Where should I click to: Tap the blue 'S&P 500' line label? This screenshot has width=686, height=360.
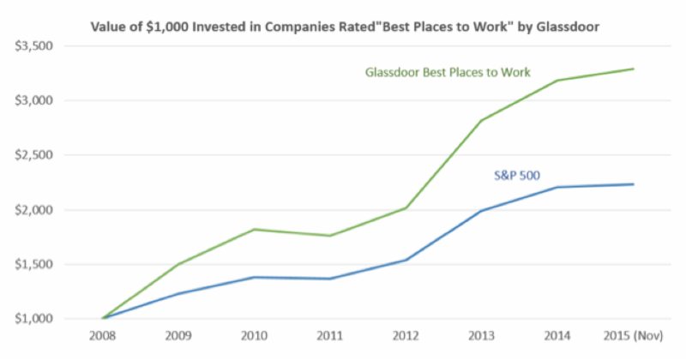(515, 176)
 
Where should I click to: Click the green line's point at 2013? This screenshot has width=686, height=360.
(481, 121)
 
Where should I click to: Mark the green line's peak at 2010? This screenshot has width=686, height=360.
(254, 229)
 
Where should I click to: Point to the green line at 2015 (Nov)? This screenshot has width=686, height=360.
(633, 69)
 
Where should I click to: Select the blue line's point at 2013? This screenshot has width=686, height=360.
(481, 211)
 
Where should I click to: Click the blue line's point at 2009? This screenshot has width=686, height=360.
(178, 294)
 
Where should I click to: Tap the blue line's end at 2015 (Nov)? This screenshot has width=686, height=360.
(633, 184)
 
